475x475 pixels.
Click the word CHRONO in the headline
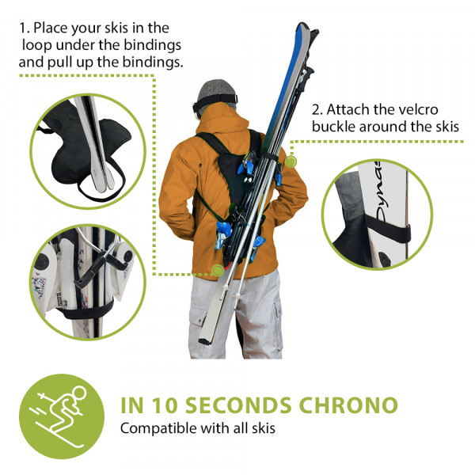coord(348,405)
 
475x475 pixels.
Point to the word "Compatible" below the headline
coord(158,428)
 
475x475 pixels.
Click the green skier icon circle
coord(62,416)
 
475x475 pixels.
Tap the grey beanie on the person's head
coord(216,91)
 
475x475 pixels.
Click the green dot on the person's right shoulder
coord(291,161)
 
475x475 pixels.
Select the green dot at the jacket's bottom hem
coord(218,270)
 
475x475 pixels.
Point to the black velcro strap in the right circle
coord(388,230)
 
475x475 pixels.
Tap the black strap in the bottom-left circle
coord(86,311)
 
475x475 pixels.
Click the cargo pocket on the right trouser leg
coord(276,315)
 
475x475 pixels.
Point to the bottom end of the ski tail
coord(204,341)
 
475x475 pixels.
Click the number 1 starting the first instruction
coord(24,28)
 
